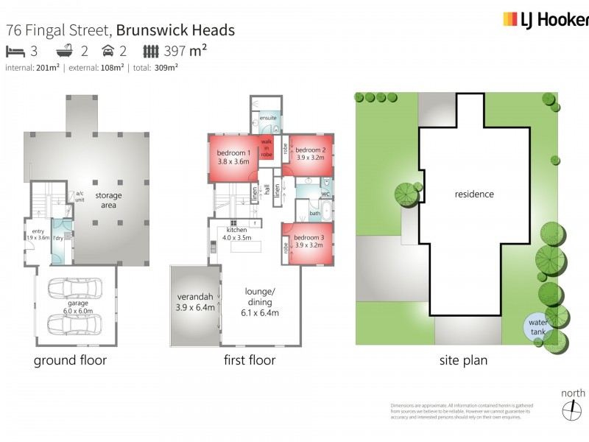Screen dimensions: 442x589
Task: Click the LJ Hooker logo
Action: (x=545, y=20)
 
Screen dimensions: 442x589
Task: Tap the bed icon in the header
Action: (x=15, y=51)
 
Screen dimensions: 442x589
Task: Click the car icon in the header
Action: (x=108, y=51)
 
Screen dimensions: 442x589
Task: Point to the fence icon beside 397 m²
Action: (x=150, y=51)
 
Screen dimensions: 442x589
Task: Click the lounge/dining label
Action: (x=260, y=301)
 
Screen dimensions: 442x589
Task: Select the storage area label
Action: (x=107, y=200)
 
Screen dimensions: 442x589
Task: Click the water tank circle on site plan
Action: (x=537, y=326)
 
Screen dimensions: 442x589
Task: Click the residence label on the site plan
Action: (x=473, y=194)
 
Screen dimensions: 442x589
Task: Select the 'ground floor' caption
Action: (x=71, y=360)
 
